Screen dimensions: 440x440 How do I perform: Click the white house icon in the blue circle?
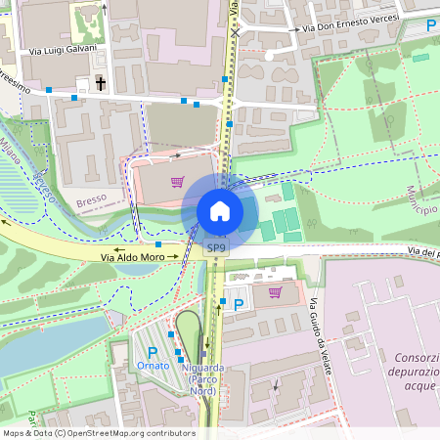coord(219,211)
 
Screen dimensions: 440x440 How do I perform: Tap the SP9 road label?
coord(216,249)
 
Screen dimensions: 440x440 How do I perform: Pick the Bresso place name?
coord(91,202)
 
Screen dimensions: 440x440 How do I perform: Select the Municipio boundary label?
coord(417,199)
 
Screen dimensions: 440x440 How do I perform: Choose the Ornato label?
coord(153,367)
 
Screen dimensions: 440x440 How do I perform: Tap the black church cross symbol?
coord(101,84)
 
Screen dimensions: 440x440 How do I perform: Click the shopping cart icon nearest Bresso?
coord(177,182)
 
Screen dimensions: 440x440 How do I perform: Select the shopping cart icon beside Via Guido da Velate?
coord(276,291)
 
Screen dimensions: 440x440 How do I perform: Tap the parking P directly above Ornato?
coord(152,352)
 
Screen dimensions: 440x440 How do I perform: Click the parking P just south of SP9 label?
coord(239,304)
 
